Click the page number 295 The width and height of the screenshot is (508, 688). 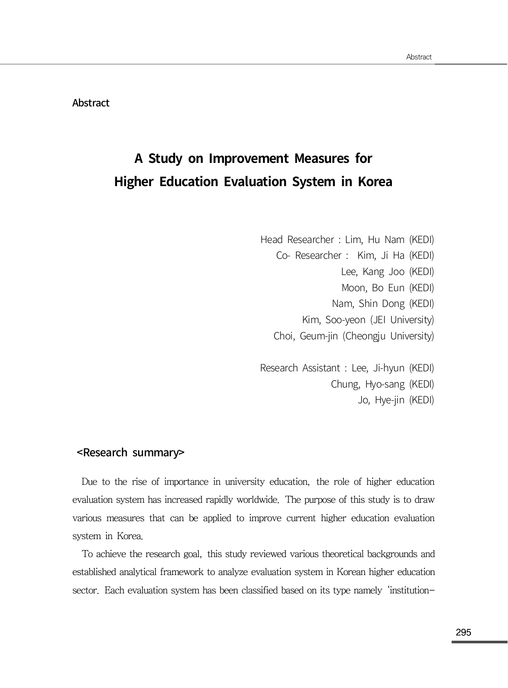click(463, 632)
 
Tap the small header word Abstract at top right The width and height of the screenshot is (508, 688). click(419, 57)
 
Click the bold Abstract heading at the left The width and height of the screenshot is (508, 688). click(91, 103)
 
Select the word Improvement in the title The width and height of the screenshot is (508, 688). click(249, 158)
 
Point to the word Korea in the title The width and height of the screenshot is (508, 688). click(375, 181)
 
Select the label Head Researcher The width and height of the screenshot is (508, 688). click(297, 240)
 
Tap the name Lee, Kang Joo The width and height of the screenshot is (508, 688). click(373, 272)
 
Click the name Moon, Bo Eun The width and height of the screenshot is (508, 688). click(373, 288)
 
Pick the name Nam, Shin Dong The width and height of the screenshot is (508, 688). click(368, 303)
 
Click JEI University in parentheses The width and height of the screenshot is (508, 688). click(402, 320)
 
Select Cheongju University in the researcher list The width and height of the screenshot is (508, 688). click(388, 336)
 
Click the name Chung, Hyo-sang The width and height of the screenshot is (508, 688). click(367, 384)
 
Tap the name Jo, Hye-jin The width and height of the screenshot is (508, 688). click(380, 400)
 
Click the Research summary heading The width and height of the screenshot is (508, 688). click(131, 452)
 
